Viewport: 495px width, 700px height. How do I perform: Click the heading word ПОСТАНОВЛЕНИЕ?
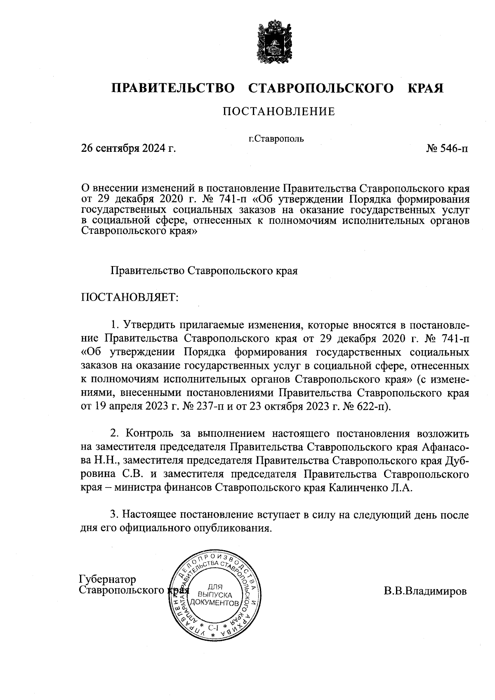(x=279, y=111)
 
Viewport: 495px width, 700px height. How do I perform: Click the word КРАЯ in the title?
(x=425, y=88)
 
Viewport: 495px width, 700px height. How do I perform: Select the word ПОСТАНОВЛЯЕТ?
(x=130, y=297)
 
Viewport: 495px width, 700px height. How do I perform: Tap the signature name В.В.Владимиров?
(x=425, y=591)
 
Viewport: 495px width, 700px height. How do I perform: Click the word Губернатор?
(x=107, y=580)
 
